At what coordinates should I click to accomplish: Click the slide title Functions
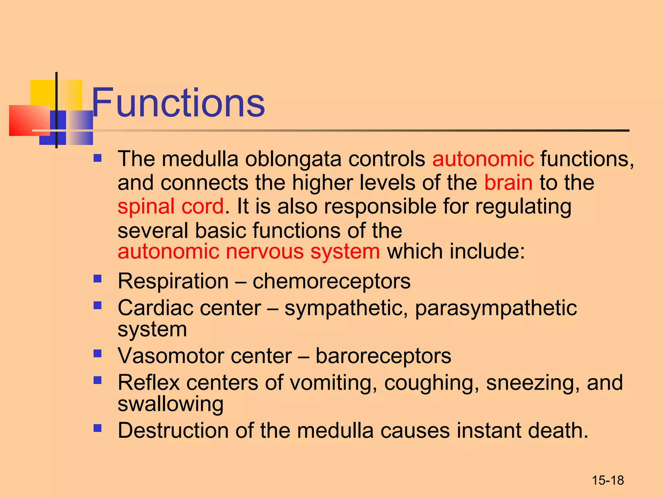click(x=178, y=103)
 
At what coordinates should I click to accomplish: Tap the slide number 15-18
click(x=608, y=480)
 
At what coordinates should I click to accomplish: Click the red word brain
click(x=508, y=183)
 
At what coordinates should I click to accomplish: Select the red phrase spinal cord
click(x=171, y=207)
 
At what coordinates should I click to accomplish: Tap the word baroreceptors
click(x=383, y=356)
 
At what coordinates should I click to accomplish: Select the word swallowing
click(x=171, y=404)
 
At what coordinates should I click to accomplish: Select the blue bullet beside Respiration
click(x=97, y=279)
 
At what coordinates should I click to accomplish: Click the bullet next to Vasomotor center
click(x=97, y=353)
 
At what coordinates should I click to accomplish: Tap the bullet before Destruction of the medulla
click(x=97, y=428)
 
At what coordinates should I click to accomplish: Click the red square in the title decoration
click(x=29, y=120)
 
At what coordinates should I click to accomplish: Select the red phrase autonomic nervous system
click(x=248, y=252)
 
